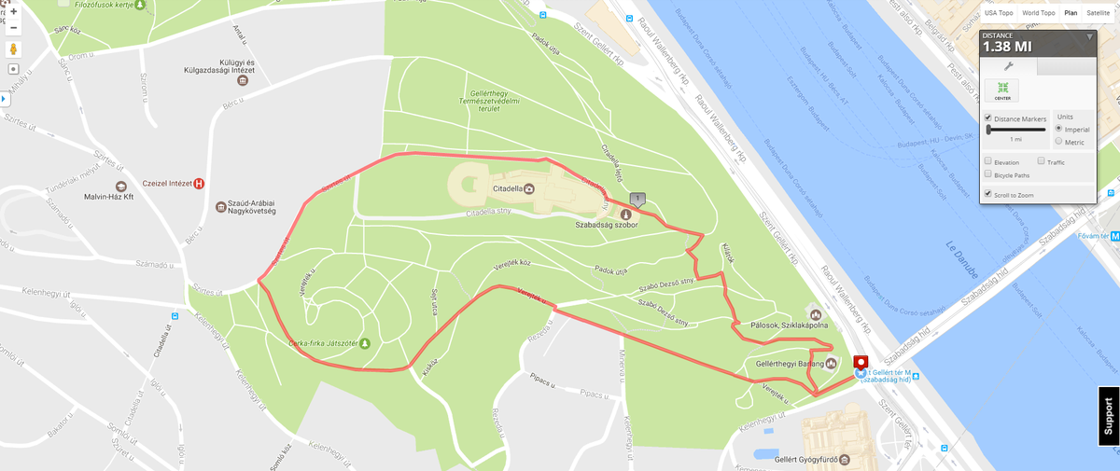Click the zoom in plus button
point(14,12)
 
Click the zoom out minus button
point(14,28)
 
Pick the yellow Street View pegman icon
point(14,49)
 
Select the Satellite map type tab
point(1098,13)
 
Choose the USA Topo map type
point(999,13)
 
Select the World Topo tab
point(1038,13)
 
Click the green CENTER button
point(1002,90)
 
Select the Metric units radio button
point(1057,142)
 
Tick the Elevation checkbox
point(988,162)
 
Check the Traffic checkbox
point(1041,162)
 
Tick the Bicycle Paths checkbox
point(988,174)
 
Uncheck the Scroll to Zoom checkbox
point(988,194)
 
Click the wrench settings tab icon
point(1008,66)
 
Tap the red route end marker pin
point(861,363)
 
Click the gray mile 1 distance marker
point(637,199)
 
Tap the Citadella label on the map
point(508,188)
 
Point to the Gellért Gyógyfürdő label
point(804,460)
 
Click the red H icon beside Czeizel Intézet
point(199,184)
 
